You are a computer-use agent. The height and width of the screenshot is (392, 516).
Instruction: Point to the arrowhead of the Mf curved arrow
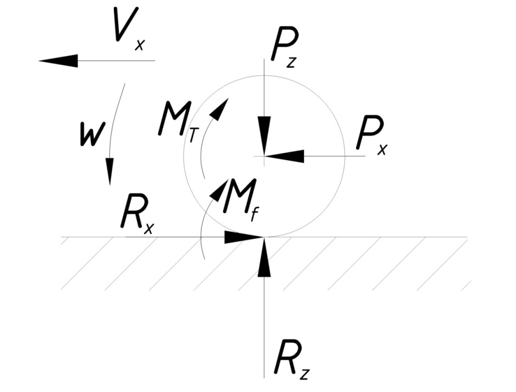(219, 188)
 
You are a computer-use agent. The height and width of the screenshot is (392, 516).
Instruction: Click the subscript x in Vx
(140, 44)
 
